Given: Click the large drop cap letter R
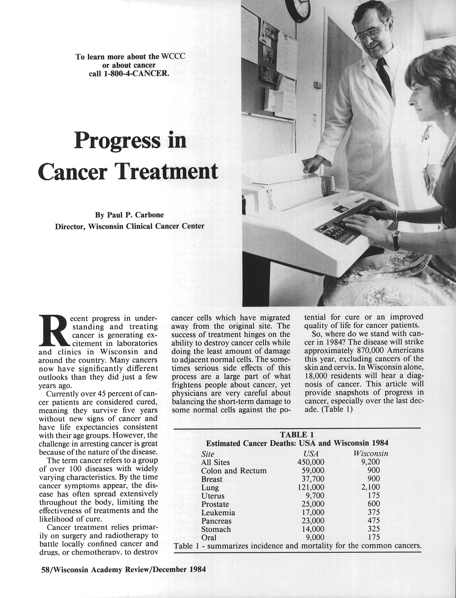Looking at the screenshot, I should click(53, 330).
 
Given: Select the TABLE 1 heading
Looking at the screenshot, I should click(297, 434).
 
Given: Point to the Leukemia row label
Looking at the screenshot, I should click(218, 512).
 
